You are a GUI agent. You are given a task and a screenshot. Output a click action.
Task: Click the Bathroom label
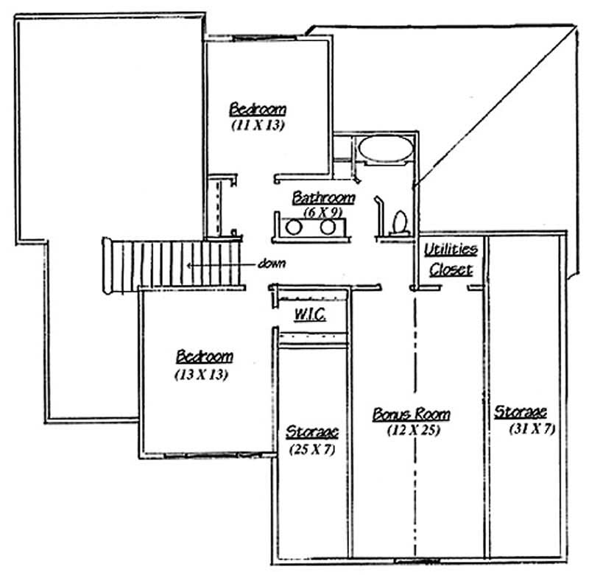(x=324, y=198)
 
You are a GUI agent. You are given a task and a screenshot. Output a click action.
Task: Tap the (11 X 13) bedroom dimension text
(x=258, y=125)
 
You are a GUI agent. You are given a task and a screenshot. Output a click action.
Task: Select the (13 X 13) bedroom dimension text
(x=200, y=374)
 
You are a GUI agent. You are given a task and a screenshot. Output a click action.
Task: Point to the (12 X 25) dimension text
(x=413, y=431)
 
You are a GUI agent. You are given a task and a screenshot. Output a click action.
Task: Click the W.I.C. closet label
(x=310, y=314)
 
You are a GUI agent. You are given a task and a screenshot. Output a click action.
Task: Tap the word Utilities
(x=451, y=250)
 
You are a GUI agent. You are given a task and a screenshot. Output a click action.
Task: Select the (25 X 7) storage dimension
(x=311, y=448)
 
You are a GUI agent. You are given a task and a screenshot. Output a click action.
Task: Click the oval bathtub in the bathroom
(x=385, y=147)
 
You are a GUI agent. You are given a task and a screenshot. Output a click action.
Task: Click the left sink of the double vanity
(x=294, y=227)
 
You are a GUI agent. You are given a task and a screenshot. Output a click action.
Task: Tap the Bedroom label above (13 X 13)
(x=204, y=357)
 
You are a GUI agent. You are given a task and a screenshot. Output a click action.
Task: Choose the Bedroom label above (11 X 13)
(x=258, y=109)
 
